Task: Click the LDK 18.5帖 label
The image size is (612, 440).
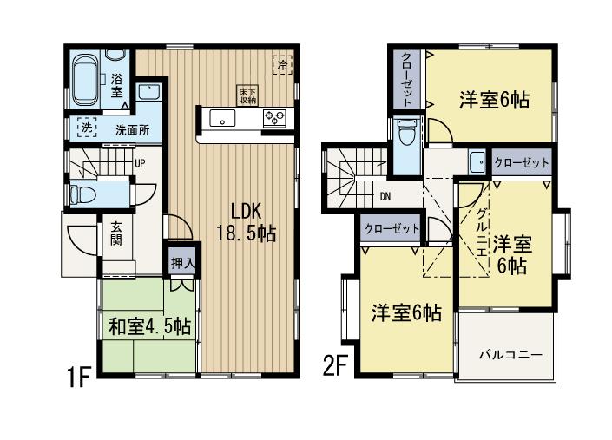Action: coord(246,221)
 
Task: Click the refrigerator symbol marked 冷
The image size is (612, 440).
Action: coord(283,63)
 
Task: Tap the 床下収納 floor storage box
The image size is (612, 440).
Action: coord(247,95)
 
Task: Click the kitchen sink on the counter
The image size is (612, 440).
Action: coord(222,119)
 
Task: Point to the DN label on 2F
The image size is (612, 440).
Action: coord(385,195)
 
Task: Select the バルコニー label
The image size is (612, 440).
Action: coord(511,356)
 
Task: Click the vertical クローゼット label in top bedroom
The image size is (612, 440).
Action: coord(406,78)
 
